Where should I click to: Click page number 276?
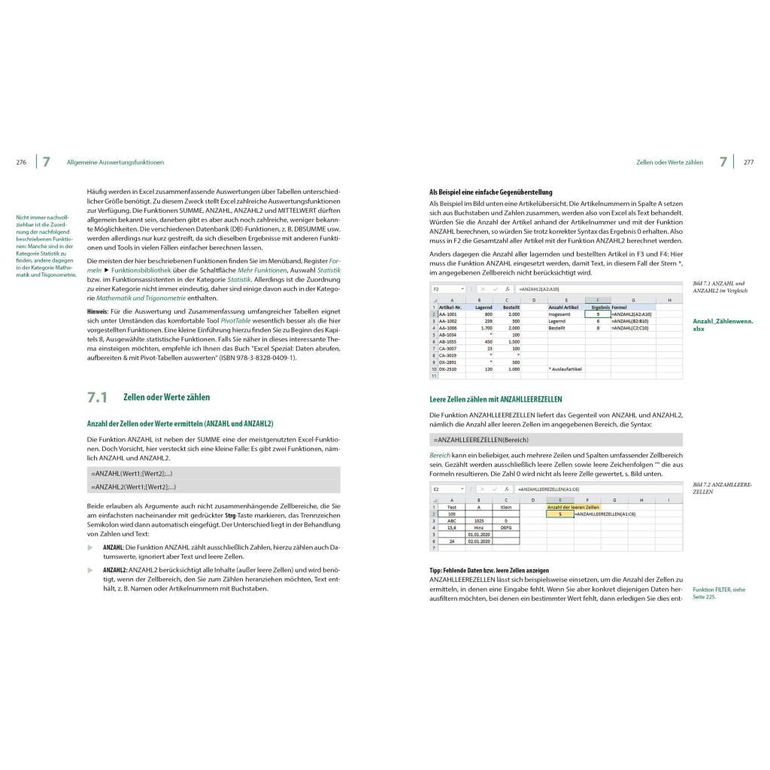(x=21, y=162)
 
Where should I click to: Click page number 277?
(x=748, y=162)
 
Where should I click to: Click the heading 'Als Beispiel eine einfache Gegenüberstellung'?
(x=490, y=192)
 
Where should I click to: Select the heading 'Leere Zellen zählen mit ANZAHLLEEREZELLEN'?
(x=496, y=399)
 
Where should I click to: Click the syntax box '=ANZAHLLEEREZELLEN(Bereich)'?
(x=481, y=439)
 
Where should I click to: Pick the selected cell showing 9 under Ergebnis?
(x=597, y=314)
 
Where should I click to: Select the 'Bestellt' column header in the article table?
(x=511, y=308)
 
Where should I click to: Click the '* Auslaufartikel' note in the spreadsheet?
(x=566, y=369)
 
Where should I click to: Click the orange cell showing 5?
(x=560, y=514)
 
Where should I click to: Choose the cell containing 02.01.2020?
(x=478, y=541)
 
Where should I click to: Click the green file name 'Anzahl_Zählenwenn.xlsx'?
(x=722, y=325)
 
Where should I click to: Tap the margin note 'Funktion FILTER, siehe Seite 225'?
(x=718, y=593)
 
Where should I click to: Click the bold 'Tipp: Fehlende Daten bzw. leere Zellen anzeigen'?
(x=489, y=571)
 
